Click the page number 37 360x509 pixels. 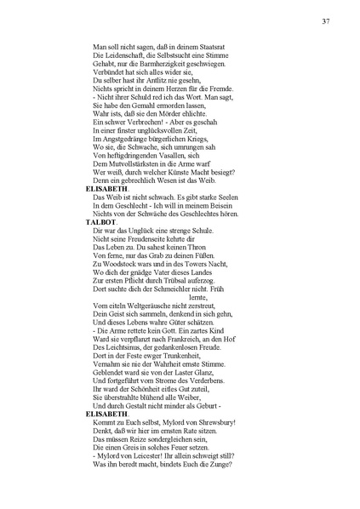click(326, 21)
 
